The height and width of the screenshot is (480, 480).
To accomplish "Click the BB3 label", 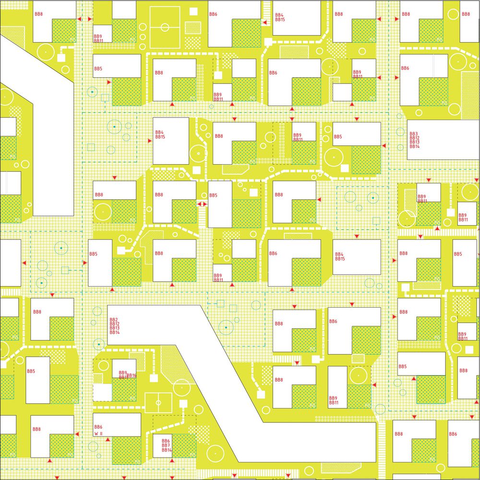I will (x=413, y=134).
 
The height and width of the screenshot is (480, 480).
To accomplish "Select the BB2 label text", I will (x=114, y=320).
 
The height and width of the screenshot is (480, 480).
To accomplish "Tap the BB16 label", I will (x=132, y=375).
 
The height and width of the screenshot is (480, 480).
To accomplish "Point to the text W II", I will (x=99, y=433).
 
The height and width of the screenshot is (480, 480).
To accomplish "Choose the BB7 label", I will (x=166, y=445).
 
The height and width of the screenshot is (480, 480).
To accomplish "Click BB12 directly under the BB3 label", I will (x=414, y=138).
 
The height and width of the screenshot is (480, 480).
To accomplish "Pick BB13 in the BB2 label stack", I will (x=114, y=328).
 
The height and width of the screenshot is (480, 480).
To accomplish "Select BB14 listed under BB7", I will (x=167, y=450).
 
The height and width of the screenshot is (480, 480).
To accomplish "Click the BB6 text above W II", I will (x=98, y=427).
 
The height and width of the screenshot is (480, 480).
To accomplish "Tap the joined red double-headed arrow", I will (x=202, y=204).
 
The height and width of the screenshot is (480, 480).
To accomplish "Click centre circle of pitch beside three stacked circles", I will (x=164, y=27).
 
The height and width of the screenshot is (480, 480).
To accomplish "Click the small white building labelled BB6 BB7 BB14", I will (x=162, y=446).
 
